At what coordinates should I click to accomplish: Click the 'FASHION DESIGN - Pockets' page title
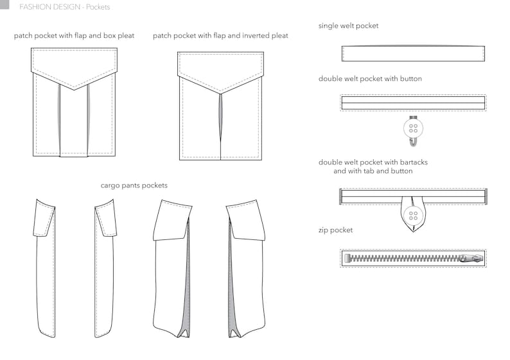click(65, 8)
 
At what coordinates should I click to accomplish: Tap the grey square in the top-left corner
click(4, 4)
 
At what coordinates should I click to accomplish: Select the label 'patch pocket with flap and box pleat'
click(74, 36)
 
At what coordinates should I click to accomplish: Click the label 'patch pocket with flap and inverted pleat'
click(220, 36)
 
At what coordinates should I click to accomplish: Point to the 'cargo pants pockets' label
click(134, 185)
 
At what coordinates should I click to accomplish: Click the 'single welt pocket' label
click(348, 26)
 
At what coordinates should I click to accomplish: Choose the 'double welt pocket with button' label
click(370, 79)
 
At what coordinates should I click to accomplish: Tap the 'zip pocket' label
click(335, 230)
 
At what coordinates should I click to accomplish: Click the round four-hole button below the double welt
click(413, 127)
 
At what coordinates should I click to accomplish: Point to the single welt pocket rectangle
click(413, 53)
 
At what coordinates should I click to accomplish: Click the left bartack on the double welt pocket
click(340, 196)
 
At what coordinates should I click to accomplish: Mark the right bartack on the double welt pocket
click(486, 196)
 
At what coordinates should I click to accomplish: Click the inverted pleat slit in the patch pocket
click(220, 122)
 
